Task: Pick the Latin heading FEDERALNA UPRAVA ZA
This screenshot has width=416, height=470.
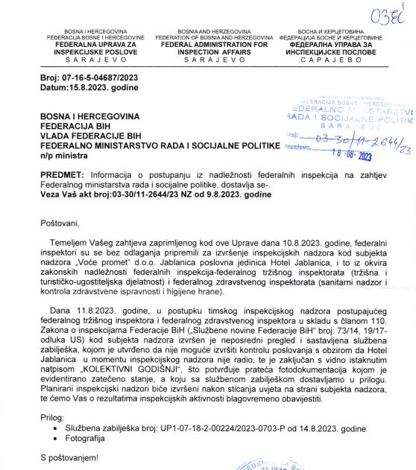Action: (95, 44)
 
